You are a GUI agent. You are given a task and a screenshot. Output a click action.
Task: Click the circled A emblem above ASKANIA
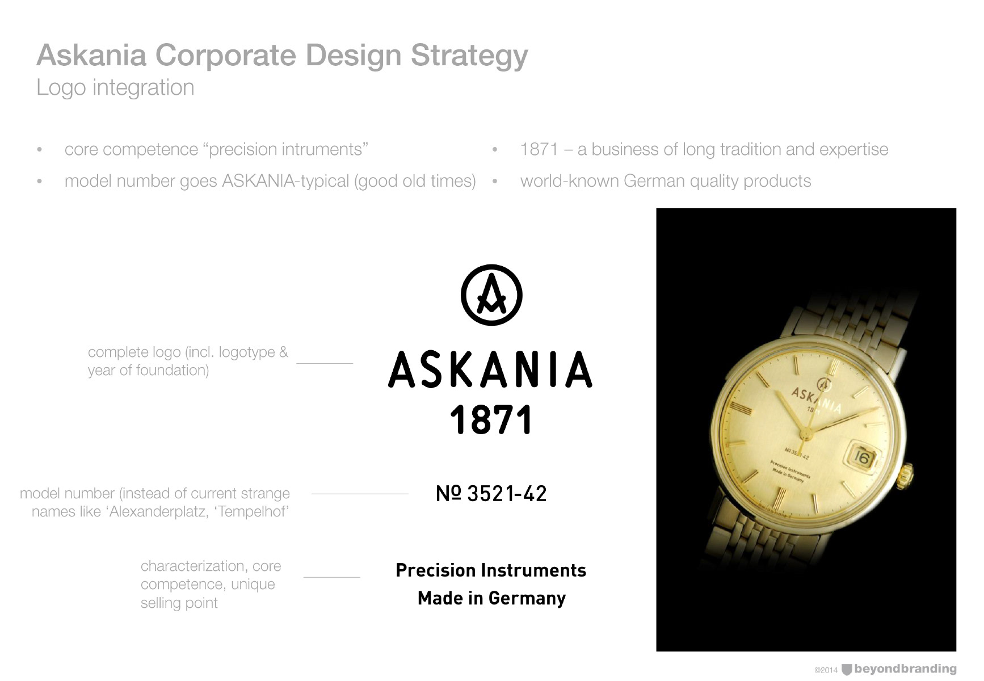click(x=491, y=295)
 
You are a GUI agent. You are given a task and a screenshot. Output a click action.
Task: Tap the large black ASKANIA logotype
click(x=490, y=369)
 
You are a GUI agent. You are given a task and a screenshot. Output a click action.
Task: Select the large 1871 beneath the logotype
click(x=491, y=420)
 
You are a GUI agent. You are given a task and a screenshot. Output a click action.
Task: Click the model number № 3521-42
click(x=491, y=494)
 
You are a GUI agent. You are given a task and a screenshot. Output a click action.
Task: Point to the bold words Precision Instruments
click(x=491, y=570)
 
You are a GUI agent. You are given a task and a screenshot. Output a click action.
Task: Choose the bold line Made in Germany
click(x=491, y=598)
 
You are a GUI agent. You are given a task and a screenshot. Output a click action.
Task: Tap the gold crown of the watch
click(x=907, y=475)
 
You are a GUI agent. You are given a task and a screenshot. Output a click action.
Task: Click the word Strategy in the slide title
click(x=469, y=56)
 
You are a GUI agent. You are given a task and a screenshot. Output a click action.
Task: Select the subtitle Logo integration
click(x=115, y=88)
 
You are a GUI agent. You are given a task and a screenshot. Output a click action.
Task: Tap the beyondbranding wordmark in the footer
click(x=905, y=669)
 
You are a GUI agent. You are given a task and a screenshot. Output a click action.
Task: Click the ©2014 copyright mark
click(x=826, y=670)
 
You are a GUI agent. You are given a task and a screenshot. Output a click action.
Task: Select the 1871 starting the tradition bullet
click(x=539, y=149)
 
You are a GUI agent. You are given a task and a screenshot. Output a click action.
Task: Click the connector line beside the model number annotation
click(x=360, y=494)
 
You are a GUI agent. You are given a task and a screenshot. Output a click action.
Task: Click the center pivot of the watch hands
click(x=805, y=434)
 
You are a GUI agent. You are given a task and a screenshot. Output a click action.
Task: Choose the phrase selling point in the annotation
click(x=179, y=603)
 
